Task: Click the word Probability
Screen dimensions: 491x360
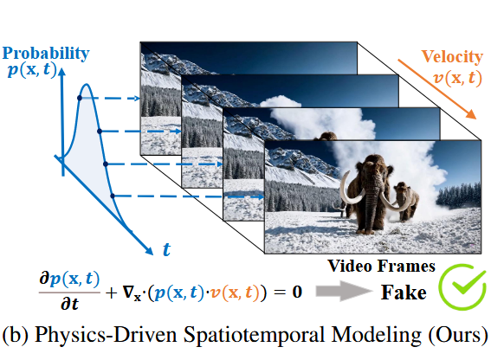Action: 46,54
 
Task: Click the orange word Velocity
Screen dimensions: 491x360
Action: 452,57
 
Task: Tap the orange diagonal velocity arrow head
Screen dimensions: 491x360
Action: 470,114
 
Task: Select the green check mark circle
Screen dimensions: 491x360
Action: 462,286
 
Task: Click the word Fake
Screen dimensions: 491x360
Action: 404,292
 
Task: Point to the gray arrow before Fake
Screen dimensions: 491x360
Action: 345,291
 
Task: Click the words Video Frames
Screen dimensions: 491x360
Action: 381,266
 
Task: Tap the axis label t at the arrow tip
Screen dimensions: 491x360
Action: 166,249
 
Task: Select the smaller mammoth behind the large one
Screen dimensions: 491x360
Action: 406,202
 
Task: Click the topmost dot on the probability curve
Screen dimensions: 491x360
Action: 80,98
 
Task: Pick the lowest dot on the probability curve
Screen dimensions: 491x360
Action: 113,196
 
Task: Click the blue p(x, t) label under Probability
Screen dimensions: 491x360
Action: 32,69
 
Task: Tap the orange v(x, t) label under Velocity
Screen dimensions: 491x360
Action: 457,78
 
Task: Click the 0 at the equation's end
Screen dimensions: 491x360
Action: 297,292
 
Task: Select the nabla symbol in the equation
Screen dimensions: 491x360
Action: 128,292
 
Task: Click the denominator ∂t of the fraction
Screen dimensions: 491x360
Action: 69,304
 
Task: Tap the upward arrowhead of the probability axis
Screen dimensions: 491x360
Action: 62,72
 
